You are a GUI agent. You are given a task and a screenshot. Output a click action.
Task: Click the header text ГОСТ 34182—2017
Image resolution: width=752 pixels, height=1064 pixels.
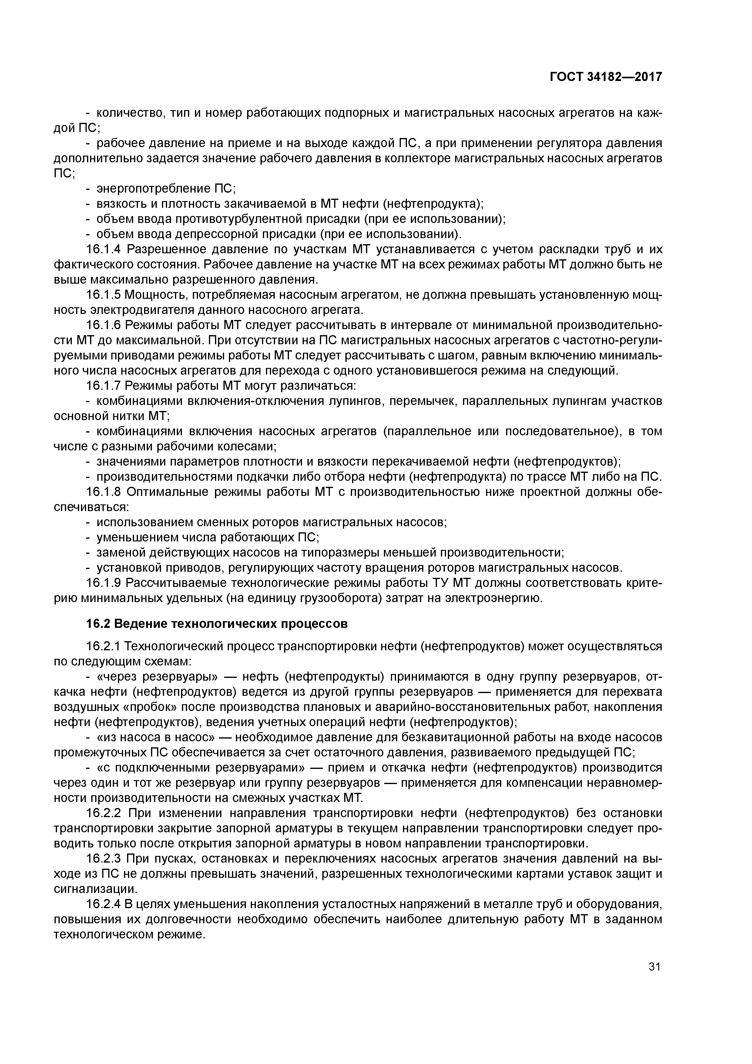click(x=606, y=77)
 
